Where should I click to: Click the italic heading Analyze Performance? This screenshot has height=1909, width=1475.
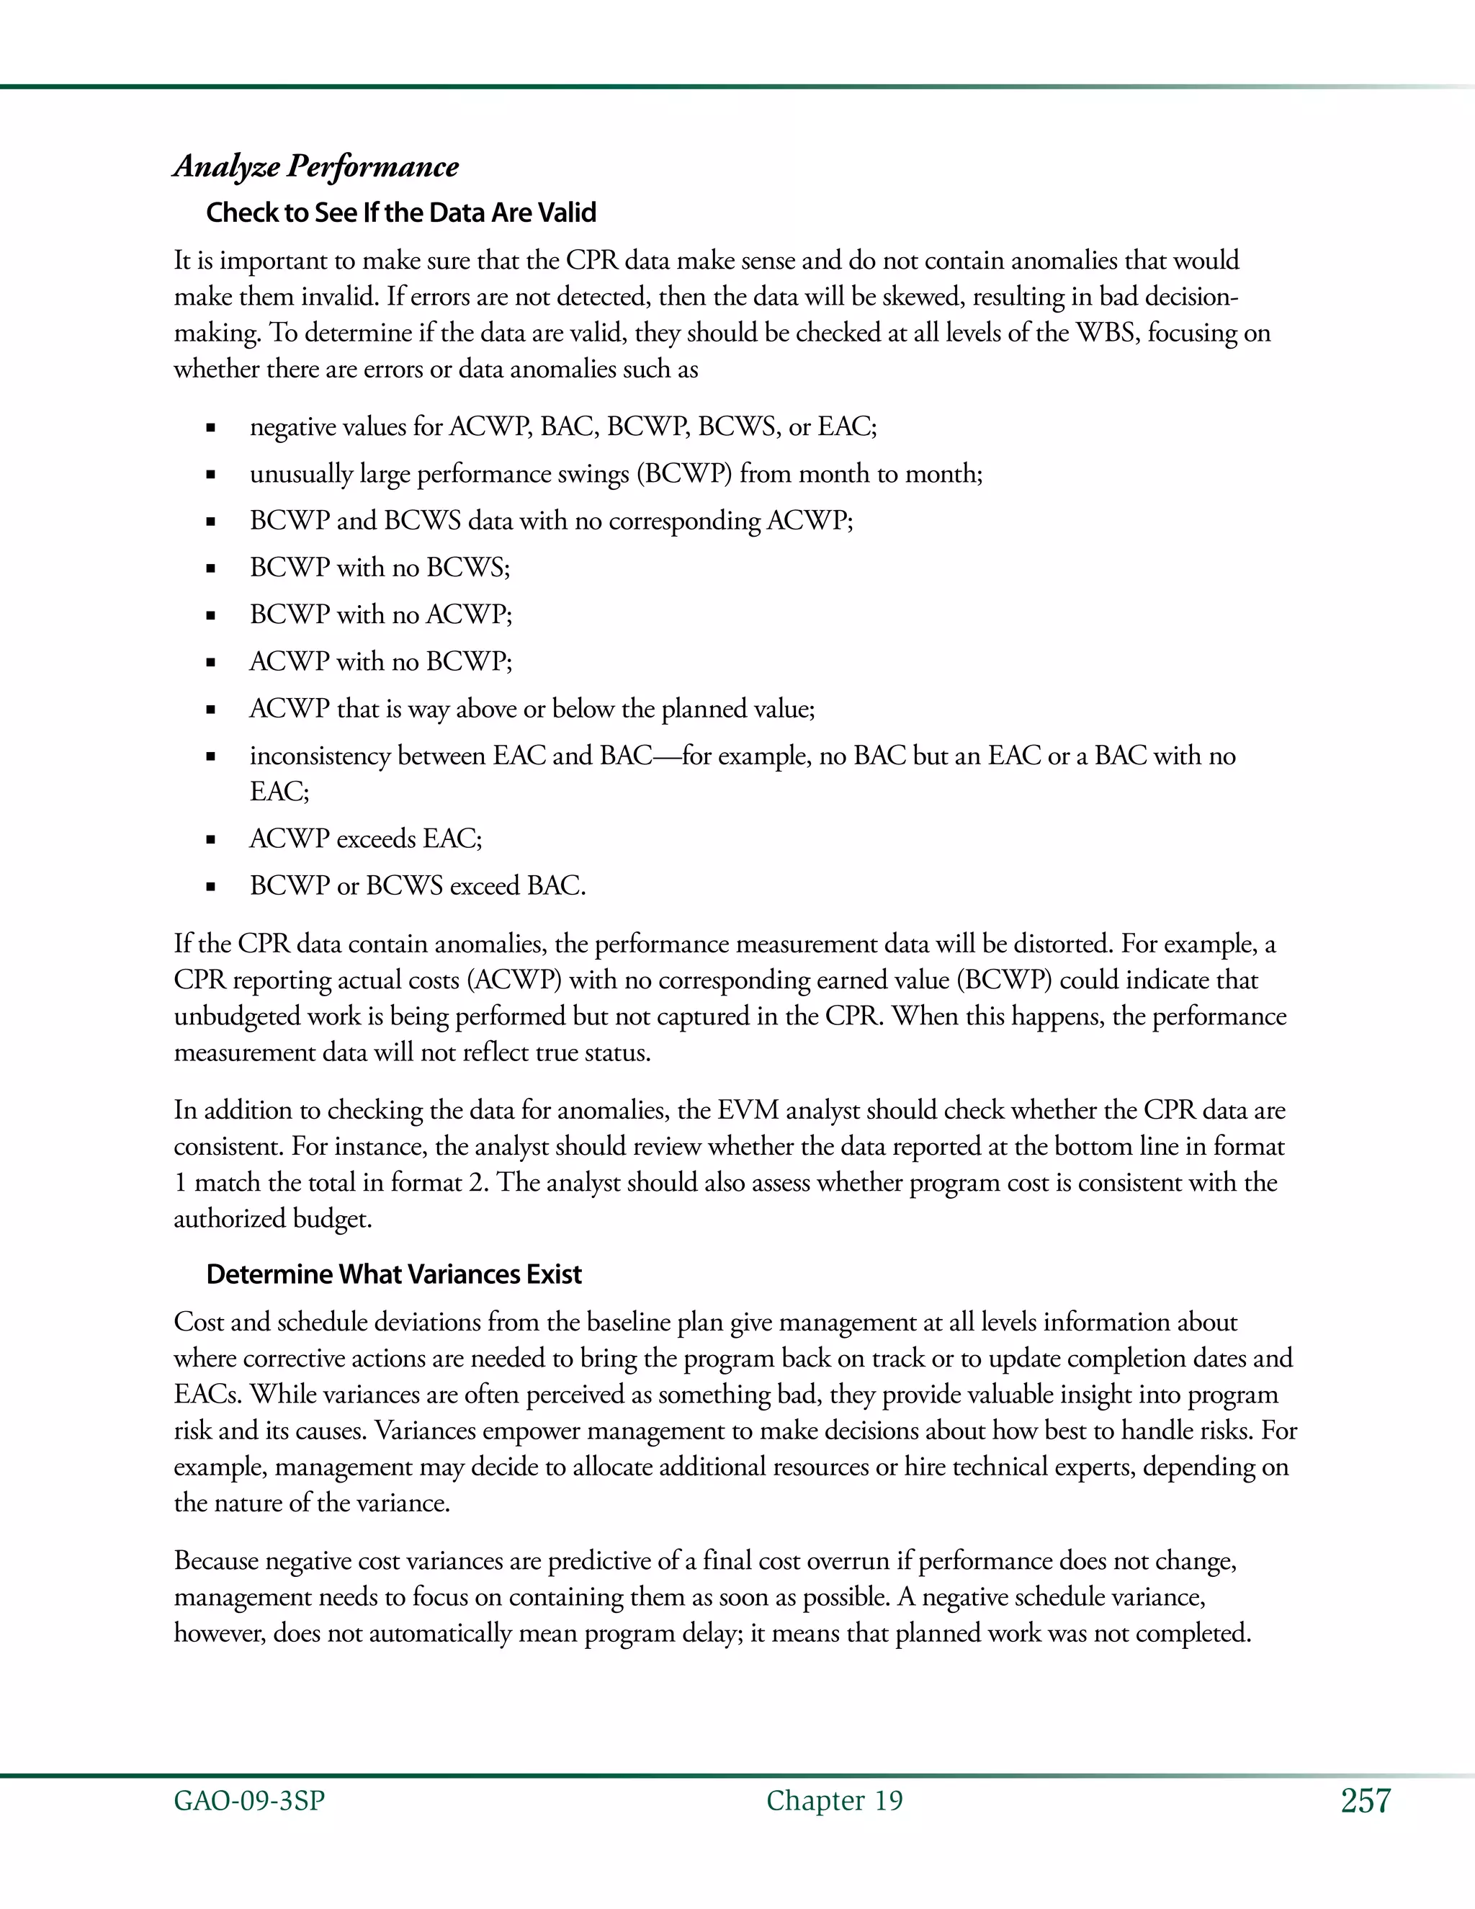pos(315,166)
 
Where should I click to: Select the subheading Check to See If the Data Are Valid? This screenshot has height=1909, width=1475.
pos(401,213)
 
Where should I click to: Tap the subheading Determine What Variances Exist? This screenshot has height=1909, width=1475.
pos(393,1274)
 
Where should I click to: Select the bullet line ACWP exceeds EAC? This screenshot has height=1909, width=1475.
pos(365,839)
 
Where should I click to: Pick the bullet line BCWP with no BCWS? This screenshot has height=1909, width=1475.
pos(380,568)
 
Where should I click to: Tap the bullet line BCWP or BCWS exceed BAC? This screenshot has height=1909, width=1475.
pos(417,886)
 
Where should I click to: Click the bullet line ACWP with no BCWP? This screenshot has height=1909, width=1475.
pos(380,662)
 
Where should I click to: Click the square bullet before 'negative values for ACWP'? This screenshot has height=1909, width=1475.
pos(210,429)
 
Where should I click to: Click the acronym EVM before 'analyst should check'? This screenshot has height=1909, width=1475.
pos(747,1110)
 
